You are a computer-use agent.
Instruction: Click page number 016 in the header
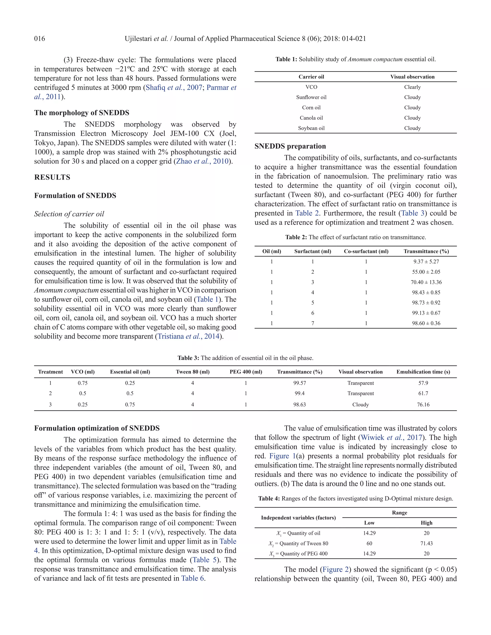pos(40,39)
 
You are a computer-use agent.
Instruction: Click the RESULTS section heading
pos(52,177)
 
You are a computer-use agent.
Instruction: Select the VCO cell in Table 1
pos(311,87)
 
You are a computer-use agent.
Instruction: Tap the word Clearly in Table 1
pos(412,87)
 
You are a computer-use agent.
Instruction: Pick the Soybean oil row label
pos(311,128)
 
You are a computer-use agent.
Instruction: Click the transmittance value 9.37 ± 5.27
pos(426,262)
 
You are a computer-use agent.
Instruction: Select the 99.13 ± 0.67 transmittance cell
pos(426,313)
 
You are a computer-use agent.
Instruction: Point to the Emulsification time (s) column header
pos(423,372)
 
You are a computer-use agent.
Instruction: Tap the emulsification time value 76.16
pos(423,405)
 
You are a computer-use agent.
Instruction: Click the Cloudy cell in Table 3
pos(360,405)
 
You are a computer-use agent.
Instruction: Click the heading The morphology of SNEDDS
pos(82,113)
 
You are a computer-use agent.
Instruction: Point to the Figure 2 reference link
pos(335,569)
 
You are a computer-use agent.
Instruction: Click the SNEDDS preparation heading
pos(290,146)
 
